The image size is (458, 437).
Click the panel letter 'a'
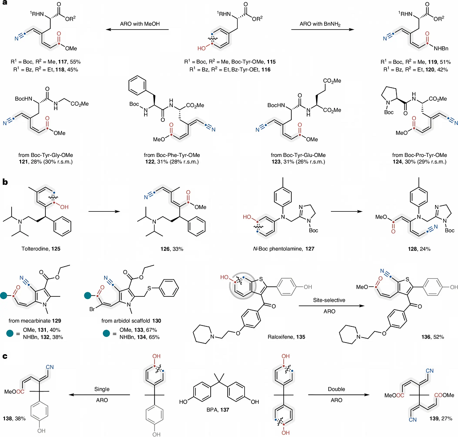(x=4, y=3)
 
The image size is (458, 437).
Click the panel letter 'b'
(x=5, y=182)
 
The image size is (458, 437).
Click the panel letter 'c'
(x=4, y=356)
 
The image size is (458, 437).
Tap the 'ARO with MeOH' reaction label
(x=140, y=24)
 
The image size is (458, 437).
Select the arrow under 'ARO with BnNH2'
(x=322, y=29)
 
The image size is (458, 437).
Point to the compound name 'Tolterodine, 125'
(x=41, y=249)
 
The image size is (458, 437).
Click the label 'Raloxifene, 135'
(x=286, y=337)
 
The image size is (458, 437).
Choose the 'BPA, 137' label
(x=218, y=410)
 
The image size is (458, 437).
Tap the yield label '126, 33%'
(x=172, y=249)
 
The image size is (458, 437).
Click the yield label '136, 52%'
(x=432, y=337)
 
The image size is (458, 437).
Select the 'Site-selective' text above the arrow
(x=329, y=300)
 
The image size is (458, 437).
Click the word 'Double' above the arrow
(x=336, y=389)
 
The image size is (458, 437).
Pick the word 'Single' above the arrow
(x=102, y=389)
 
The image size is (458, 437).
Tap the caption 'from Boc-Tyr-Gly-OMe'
(x=45, y=155)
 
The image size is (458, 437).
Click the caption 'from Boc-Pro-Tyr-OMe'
(x=419, y=155)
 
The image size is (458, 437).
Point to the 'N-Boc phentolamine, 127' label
(x=284, y=249)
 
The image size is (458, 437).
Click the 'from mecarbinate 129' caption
(x=35, y=321)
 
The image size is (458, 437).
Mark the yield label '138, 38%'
(x=14, y=419)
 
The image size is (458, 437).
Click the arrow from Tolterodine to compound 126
(x=104, y=211)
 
